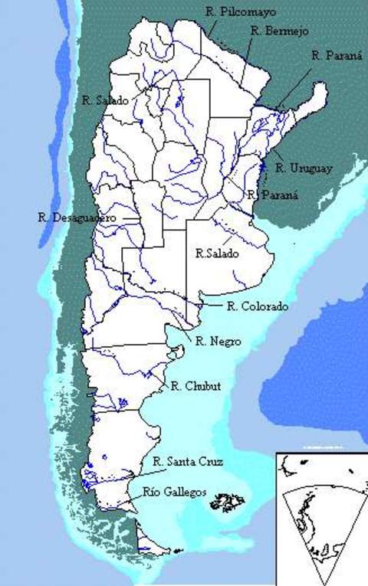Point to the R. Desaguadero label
coord(77,218)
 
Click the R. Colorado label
coord(258,307)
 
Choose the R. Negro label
coord(218,342)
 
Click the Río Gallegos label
coord(175,493)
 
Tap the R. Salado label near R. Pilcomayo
coord(106,100)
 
